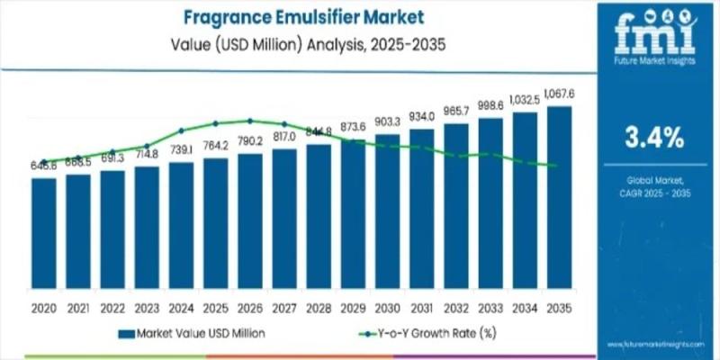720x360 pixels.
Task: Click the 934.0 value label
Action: [422, 116]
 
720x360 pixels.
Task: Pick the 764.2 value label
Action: [216, 146]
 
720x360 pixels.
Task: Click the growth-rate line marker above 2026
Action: [250, 121]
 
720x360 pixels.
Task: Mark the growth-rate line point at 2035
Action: [555, 166]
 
